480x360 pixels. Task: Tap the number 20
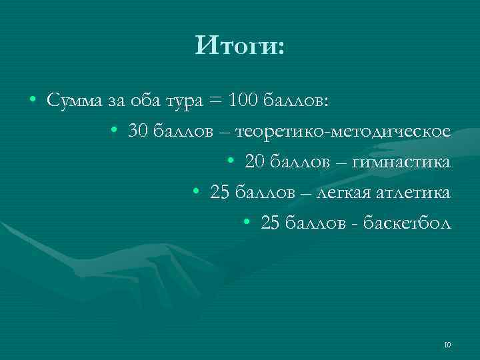[x=255, y=162]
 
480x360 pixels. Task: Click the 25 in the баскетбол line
[x=271, y=224]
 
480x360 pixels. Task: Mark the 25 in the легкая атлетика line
[x=219, y=193]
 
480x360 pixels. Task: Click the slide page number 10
[x=447, y=345]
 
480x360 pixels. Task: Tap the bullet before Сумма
[x=33, y=101]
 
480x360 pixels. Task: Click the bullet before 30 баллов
[x=115, y=131]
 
